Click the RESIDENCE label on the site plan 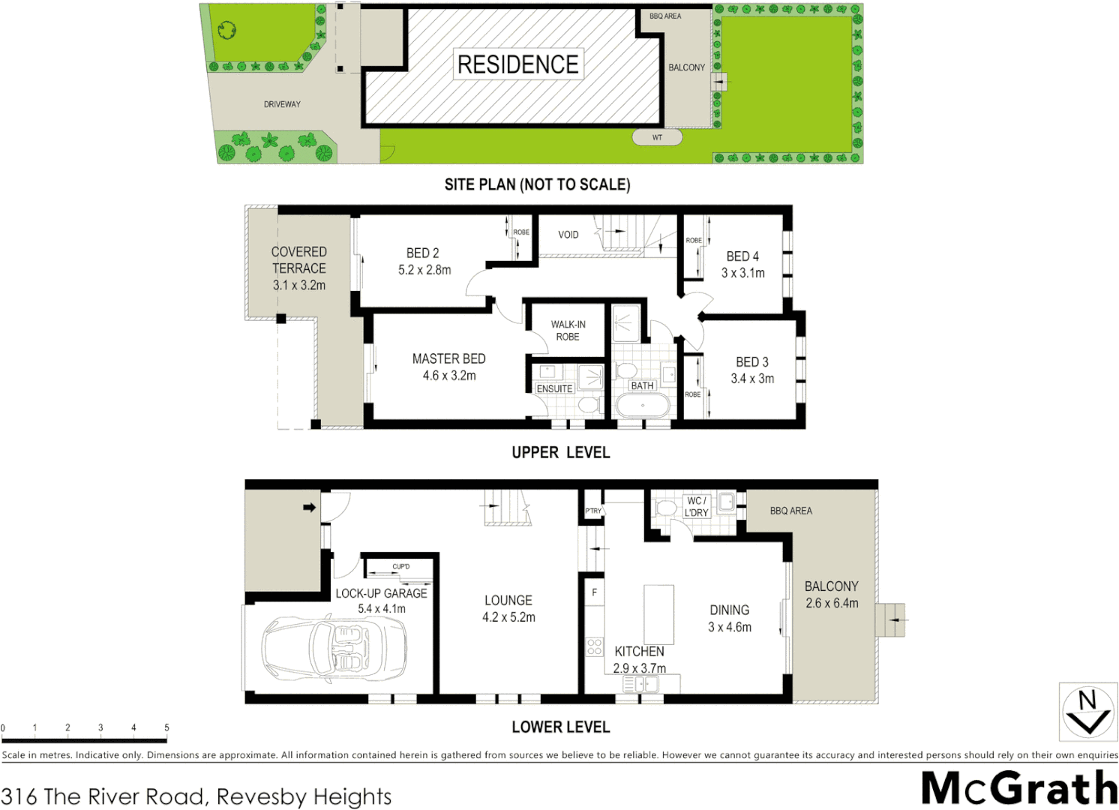[x=517, y=64]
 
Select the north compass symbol [x=1087, y=711]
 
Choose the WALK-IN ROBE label [x=568, y=331]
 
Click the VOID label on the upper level [x=568, y=235]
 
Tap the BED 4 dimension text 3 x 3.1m [x=742, y=273]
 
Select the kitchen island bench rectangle [x=658, y=615]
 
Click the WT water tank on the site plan [x=657, y=137]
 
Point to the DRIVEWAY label [x=282, y=104]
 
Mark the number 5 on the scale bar [x=166, y=727]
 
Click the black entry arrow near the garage [x=309, y=508]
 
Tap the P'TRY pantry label [x=593, y=511]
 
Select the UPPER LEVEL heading [x=560, y=452]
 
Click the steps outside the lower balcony [x=891, y=620]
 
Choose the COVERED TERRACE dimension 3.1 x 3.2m [x=298, y=285]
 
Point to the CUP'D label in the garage [x=400, y=566]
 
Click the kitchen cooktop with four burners [x=595, y=646]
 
